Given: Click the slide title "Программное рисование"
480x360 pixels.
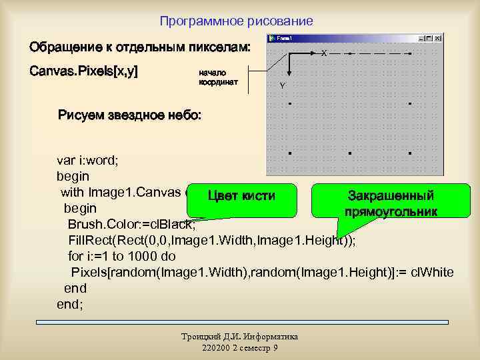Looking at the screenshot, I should (x=236, y=21).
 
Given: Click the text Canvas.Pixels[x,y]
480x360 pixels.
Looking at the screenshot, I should (x=83, y=71).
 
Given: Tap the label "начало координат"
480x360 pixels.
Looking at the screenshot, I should (x=213, y=78).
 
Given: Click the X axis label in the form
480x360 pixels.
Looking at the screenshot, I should (x=324, y=53).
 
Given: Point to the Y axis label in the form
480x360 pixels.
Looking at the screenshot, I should (x=283, y=86).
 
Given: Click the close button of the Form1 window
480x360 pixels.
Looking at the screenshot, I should (x=438, y=39).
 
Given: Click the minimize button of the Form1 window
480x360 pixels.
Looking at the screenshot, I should (x=419, y=39).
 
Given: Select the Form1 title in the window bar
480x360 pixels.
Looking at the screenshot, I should (x=286, y=39).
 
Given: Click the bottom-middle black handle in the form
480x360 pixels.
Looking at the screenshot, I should (x=349, y=153).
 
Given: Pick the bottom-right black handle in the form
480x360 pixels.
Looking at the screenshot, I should (x=409, y=153).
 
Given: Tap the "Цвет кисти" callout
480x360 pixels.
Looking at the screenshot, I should (x=241, y=195).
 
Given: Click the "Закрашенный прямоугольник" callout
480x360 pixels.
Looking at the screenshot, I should (x=391, y=203).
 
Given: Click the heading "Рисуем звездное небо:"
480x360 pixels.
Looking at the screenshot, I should (x=129, y=116).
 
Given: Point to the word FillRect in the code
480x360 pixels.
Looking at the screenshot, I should (x=89, y=241).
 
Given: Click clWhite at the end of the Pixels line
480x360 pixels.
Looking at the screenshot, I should (x=437, y=272).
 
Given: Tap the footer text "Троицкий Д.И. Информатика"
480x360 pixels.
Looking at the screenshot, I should (x=239, y=337).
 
